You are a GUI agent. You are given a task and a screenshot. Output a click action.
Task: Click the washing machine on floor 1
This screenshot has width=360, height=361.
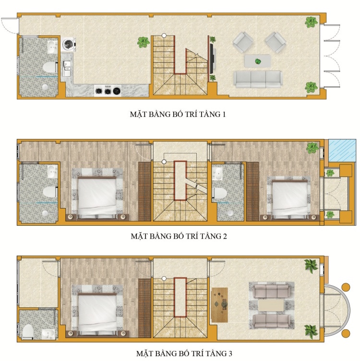(x=69, y=44)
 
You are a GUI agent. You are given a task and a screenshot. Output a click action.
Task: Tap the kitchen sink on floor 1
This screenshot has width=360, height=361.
(x=67, y=68)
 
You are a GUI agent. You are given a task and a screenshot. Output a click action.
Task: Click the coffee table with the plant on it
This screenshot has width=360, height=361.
(x=258, y=61)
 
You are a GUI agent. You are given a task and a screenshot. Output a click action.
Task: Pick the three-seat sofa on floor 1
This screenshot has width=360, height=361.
(x=258, y=80)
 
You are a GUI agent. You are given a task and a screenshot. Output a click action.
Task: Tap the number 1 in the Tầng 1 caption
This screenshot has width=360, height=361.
(x=223, y=114)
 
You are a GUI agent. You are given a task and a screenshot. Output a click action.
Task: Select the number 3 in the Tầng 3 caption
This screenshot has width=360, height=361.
(x=230, y=353)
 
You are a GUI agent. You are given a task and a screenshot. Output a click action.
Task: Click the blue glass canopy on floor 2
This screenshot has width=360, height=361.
(x=342, y=151)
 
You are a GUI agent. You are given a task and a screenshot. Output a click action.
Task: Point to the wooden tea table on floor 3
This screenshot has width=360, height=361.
(x=220, y=305)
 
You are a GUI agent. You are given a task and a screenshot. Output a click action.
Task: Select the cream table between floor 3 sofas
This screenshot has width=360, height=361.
(x=271, y=305)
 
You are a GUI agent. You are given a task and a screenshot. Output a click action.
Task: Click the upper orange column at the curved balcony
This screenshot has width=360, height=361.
(x=346, y=287)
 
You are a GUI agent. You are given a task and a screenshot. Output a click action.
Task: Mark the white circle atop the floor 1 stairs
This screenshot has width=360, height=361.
(x=164, y=35)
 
